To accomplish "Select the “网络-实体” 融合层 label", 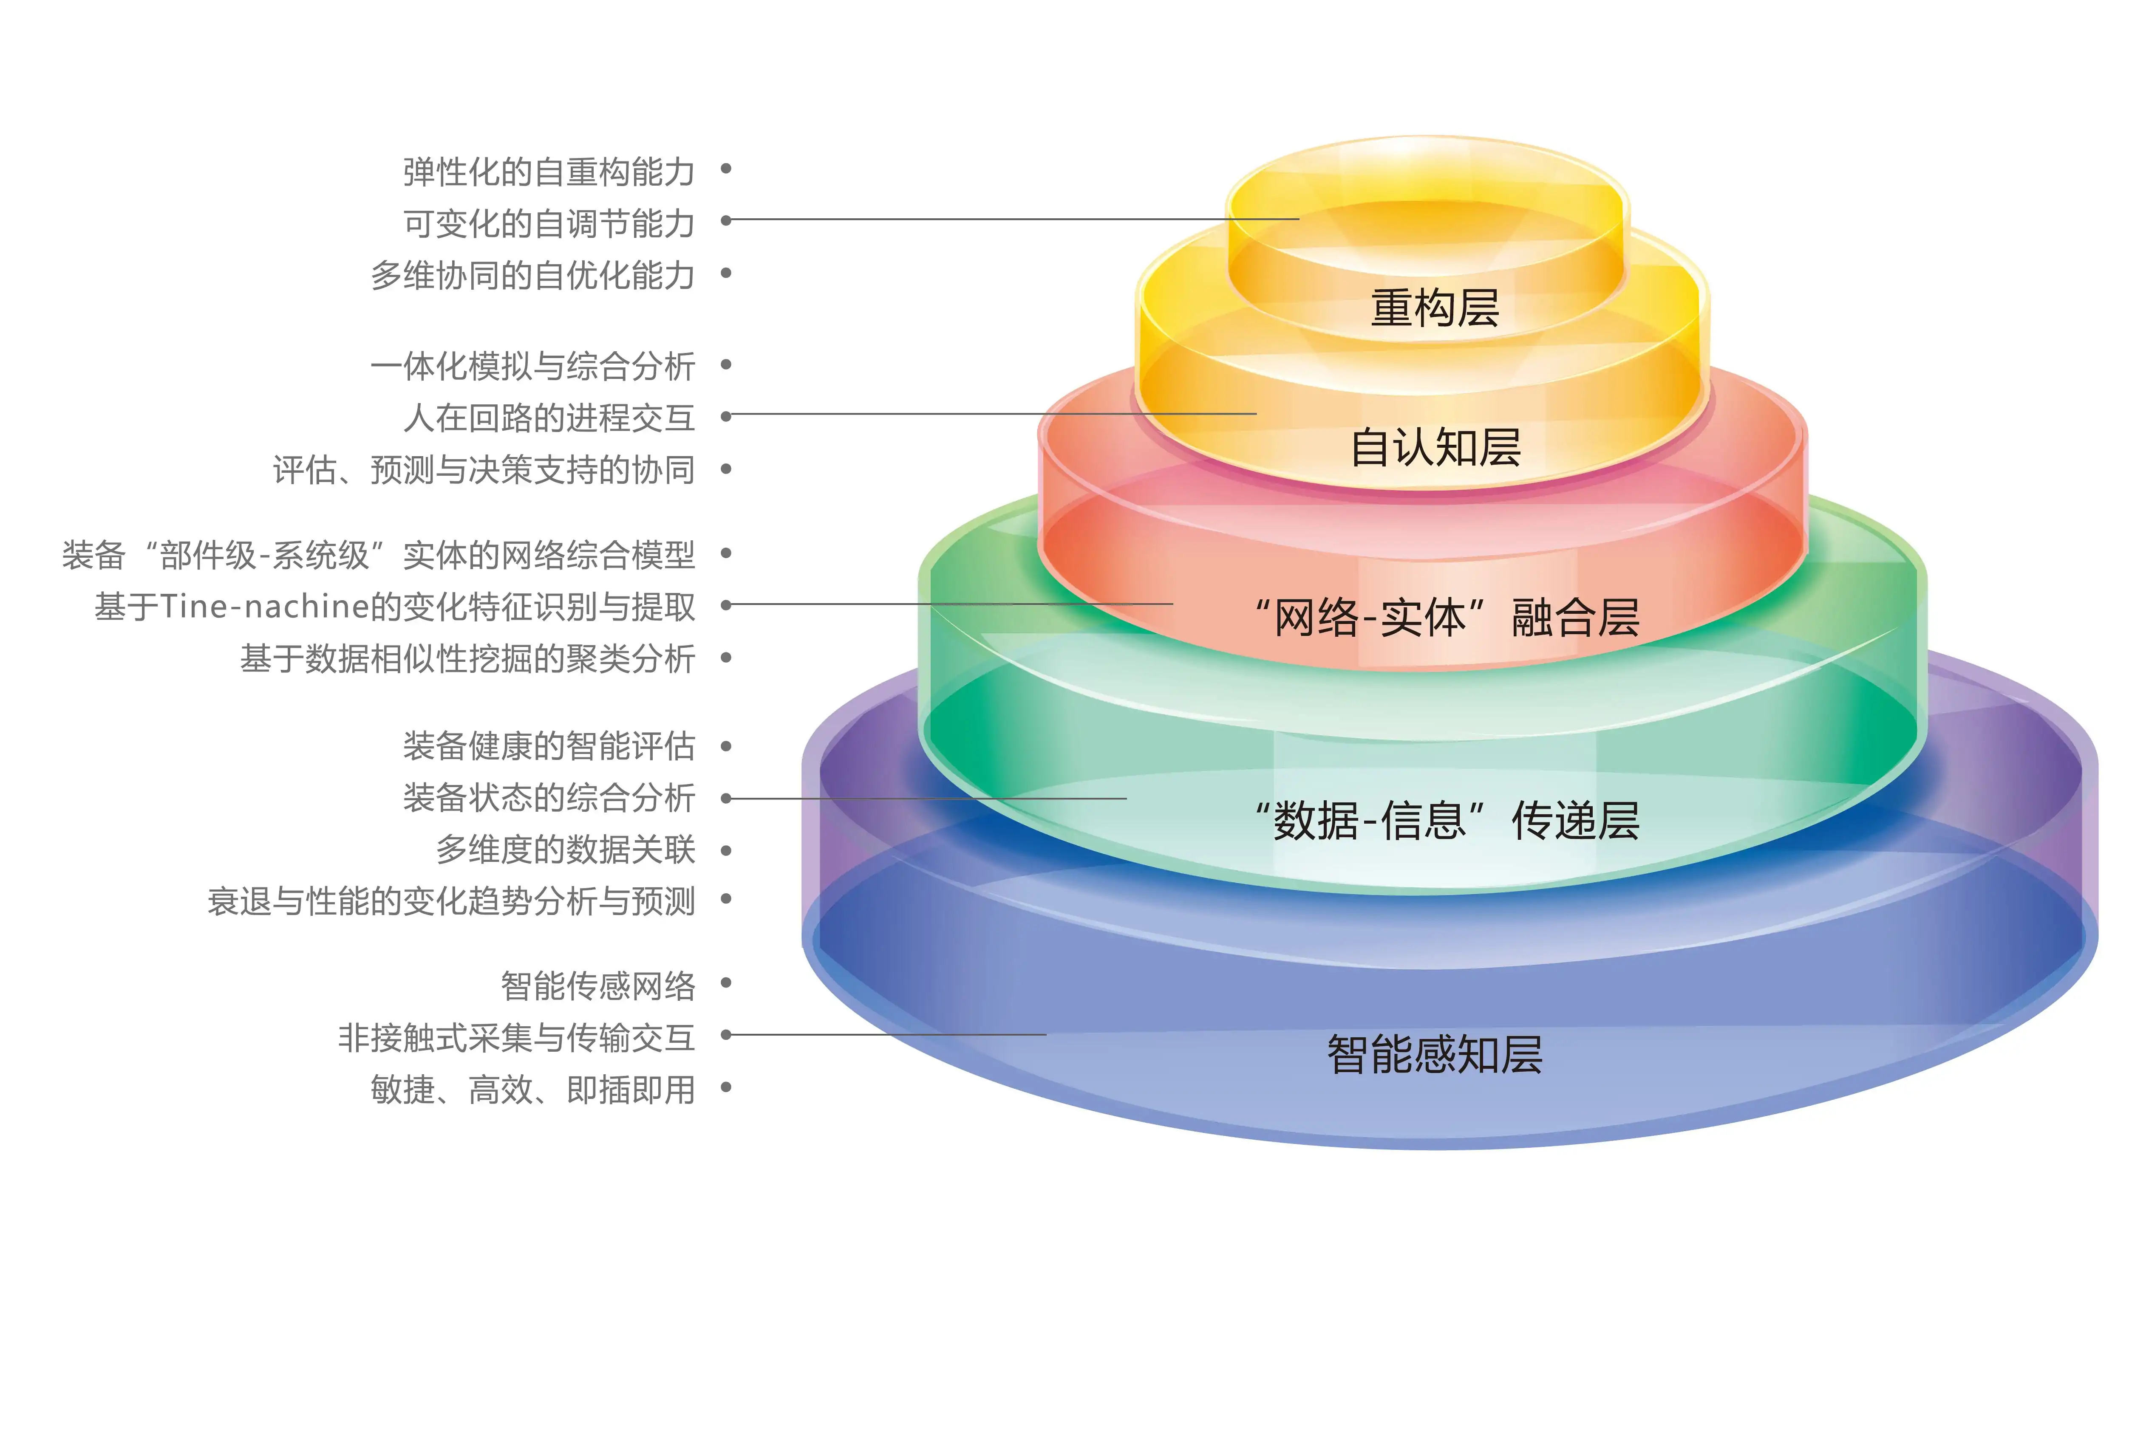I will (x=1447, y=617).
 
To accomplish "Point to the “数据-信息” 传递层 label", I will (x=1447, y=820).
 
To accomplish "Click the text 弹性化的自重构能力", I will (x=548, y=171).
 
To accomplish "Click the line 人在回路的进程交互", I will (x=548, y=418).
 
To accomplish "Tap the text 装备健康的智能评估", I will (x=548, y=746).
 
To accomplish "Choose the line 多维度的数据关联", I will (x=565, y=850).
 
